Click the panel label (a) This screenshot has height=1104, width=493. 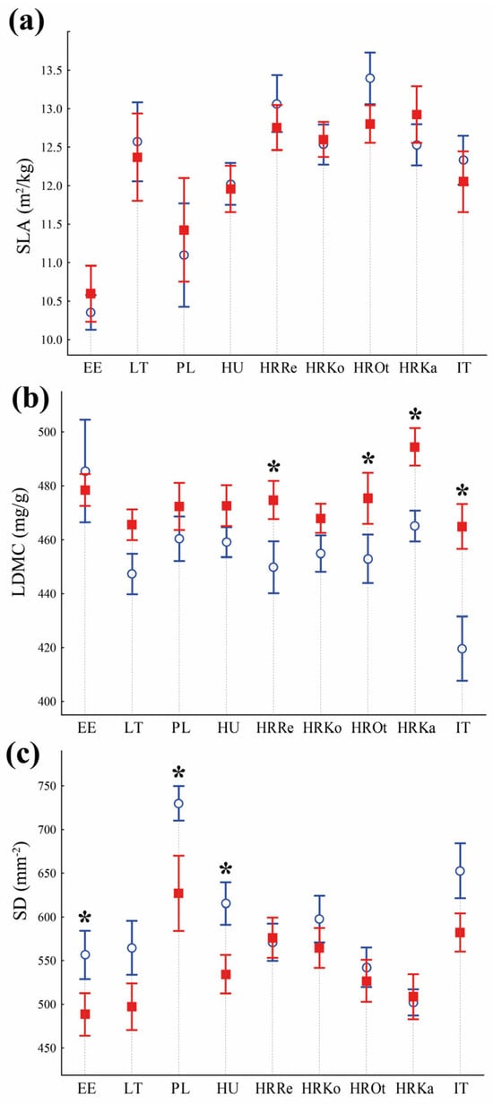[27, 22]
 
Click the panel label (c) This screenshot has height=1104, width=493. [23, 755]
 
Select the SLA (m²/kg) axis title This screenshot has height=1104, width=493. [25, 205]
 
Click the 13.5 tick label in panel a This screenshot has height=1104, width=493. [51, 70]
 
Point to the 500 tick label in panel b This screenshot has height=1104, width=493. [47, 432]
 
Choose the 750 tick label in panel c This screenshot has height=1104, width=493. [47, 786]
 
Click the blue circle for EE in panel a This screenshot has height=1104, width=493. [91, 313]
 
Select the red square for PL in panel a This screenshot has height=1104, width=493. [184, 230]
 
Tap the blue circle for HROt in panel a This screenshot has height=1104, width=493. [369, 78]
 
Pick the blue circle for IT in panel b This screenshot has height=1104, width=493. [462, 649]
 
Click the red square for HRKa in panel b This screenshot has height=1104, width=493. [415, 447]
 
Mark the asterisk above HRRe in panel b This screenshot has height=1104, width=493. [273, 466]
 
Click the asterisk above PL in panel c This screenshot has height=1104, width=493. [179, 772]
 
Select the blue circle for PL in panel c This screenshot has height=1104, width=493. [178, 803]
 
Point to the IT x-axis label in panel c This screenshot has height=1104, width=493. [462, 1088]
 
